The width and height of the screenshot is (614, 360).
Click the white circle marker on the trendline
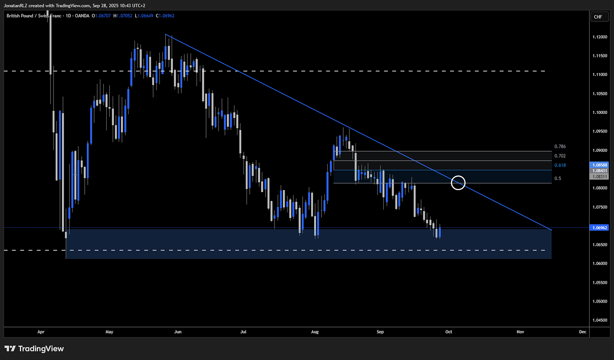tap(458, 176)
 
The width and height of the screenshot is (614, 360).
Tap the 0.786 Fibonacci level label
tap(560, 147)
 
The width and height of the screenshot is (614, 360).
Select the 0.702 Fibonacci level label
tap(560, 156)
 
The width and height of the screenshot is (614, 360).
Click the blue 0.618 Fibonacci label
tap(560, 165)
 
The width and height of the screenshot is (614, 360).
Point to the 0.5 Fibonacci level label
tap(557, 178)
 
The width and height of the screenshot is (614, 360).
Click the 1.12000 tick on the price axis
tap(600, 37)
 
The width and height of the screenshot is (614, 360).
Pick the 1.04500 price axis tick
tap(600, 320)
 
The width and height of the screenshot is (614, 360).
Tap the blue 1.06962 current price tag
tap(599, 228)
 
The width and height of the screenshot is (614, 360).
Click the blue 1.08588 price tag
tap(599, 165)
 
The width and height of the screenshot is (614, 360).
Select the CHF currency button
tap(598, 17)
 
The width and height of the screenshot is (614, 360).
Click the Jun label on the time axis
tap(178, 332)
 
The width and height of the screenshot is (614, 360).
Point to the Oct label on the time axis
tap(448, 332)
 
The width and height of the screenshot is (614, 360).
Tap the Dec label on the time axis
tap(582, 332)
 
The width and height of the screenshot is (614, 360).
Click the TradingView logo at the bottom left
tap(34, 349)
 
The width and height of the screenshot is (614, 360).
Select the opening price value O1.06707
tap(101, 16)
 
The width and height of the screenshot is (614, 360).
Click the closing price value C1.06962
tap(165, 16)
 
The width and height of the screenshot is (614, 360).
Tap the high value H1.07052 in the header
tap(123, 16)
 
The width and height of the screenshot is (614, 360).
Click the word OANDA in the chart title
tap(82, 16)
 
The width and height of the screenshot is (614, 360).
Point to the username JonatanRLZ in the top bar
tap(15, 5)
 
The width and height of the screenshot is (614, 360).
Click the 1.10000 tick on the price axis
tap(600, 112)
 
